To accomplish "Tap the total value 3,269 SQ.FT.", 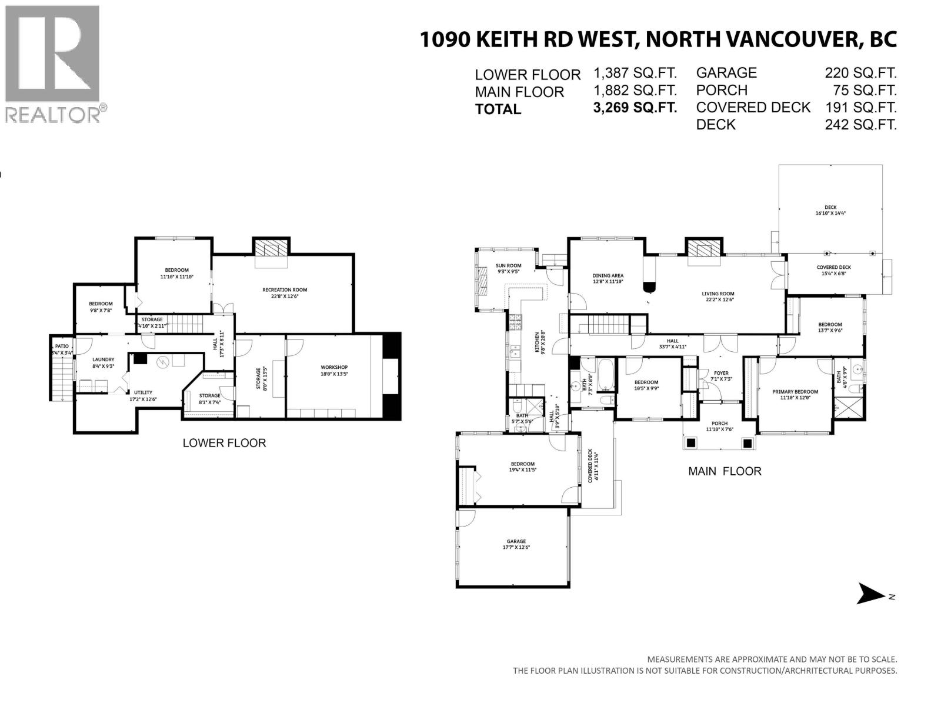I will [x=635, y=108].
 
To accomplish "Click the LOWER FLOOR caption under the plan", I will [x=224, y=443].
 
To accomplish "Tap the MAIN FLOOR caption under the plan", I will [x=725, y=471].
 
